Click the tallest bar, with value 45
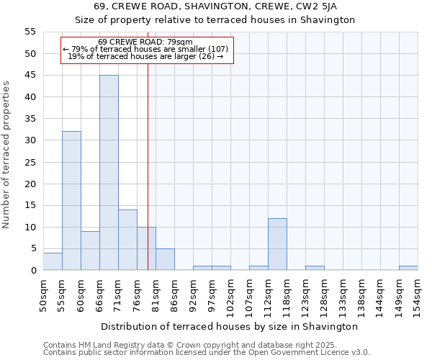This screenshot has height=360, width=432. point(109,173)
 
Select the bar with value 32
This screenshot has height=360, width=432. point(71,201)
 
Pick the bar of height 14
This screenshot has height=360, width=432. point(127,240)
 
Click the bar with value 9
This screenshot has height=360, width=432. point(90,251)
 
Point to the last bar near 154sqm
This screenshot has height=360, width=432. point(408,268)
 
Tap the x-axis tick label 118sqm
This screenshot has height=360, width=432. point(287,293)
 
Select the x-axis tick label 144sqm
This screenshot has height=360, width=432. point(381,293)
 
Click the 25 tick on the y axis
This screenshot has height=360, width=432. point(30,162)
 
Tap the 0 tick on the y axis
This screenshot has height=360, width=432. point(32,271)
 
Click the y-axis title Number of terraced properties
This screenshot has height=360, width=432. point(7,154)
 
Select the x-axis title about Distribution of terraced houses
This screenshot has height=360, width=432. point(230,326)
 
